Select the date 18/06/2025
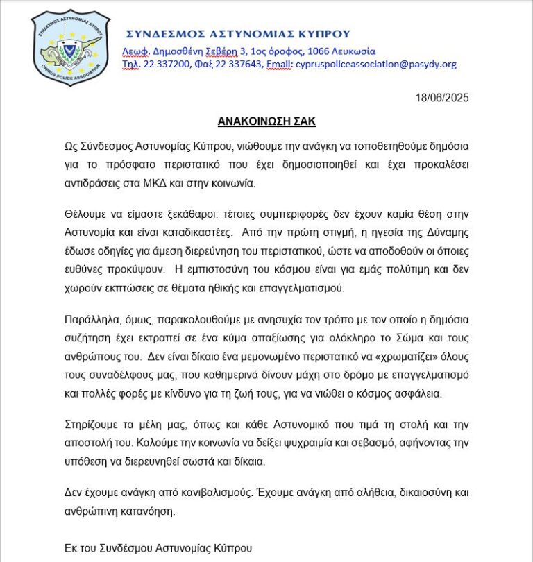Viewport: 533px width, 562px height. click(441, 98)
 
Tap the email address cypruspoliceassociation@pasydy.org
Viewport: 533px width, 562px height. click(375, 65)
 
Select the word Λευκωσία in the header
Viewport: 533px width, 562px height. click(350, 51)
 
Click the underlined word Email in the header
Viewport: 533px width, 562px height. click(278, 65)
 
